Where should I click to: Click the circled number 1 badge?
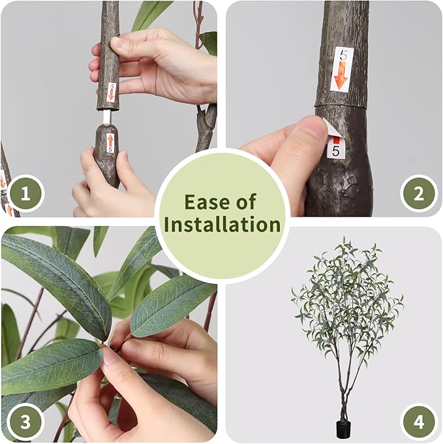tap(26, 194)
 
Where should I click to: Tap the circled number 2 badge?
tap(418, 194)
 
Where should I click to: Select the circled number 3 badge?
tap(26, 422)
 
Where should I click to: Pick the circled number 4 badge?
tap(418, 422)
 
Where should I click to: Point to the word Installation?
tap(222, 225)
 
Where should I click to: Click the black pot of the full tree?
tap(343, 429)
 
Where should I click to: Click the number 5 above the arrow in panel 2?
tap(341, 56)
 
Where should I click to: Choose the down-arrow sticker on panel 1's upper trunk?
tap(112, 91)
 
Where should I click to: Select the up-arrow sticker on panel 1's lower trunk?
tap(110, 142)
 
